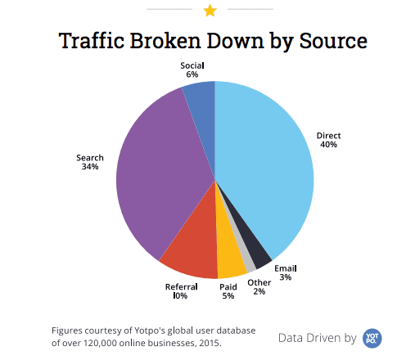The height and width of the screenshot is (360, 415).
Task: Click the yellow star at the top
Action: (210, 11)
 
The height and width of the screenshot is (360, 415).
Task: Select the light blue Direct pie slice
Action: (270, 164)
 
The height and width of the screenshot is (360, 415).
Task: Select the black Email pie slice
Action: (259, 252)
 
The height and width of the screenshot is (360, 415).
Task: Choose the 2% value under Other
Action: (258, 291)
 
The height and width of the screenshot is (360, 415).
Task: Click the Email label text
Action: (285, 268)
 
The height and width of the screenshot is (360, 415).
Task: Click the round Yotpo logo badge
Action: (373, 336)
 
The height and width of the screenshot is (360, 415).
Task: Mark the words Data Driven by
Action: (317, 337)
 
